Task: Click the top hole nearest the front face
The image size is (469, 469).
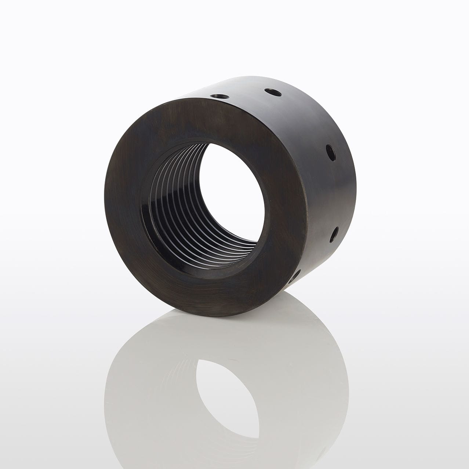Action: pyautogui.click(x=220, y=96)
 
